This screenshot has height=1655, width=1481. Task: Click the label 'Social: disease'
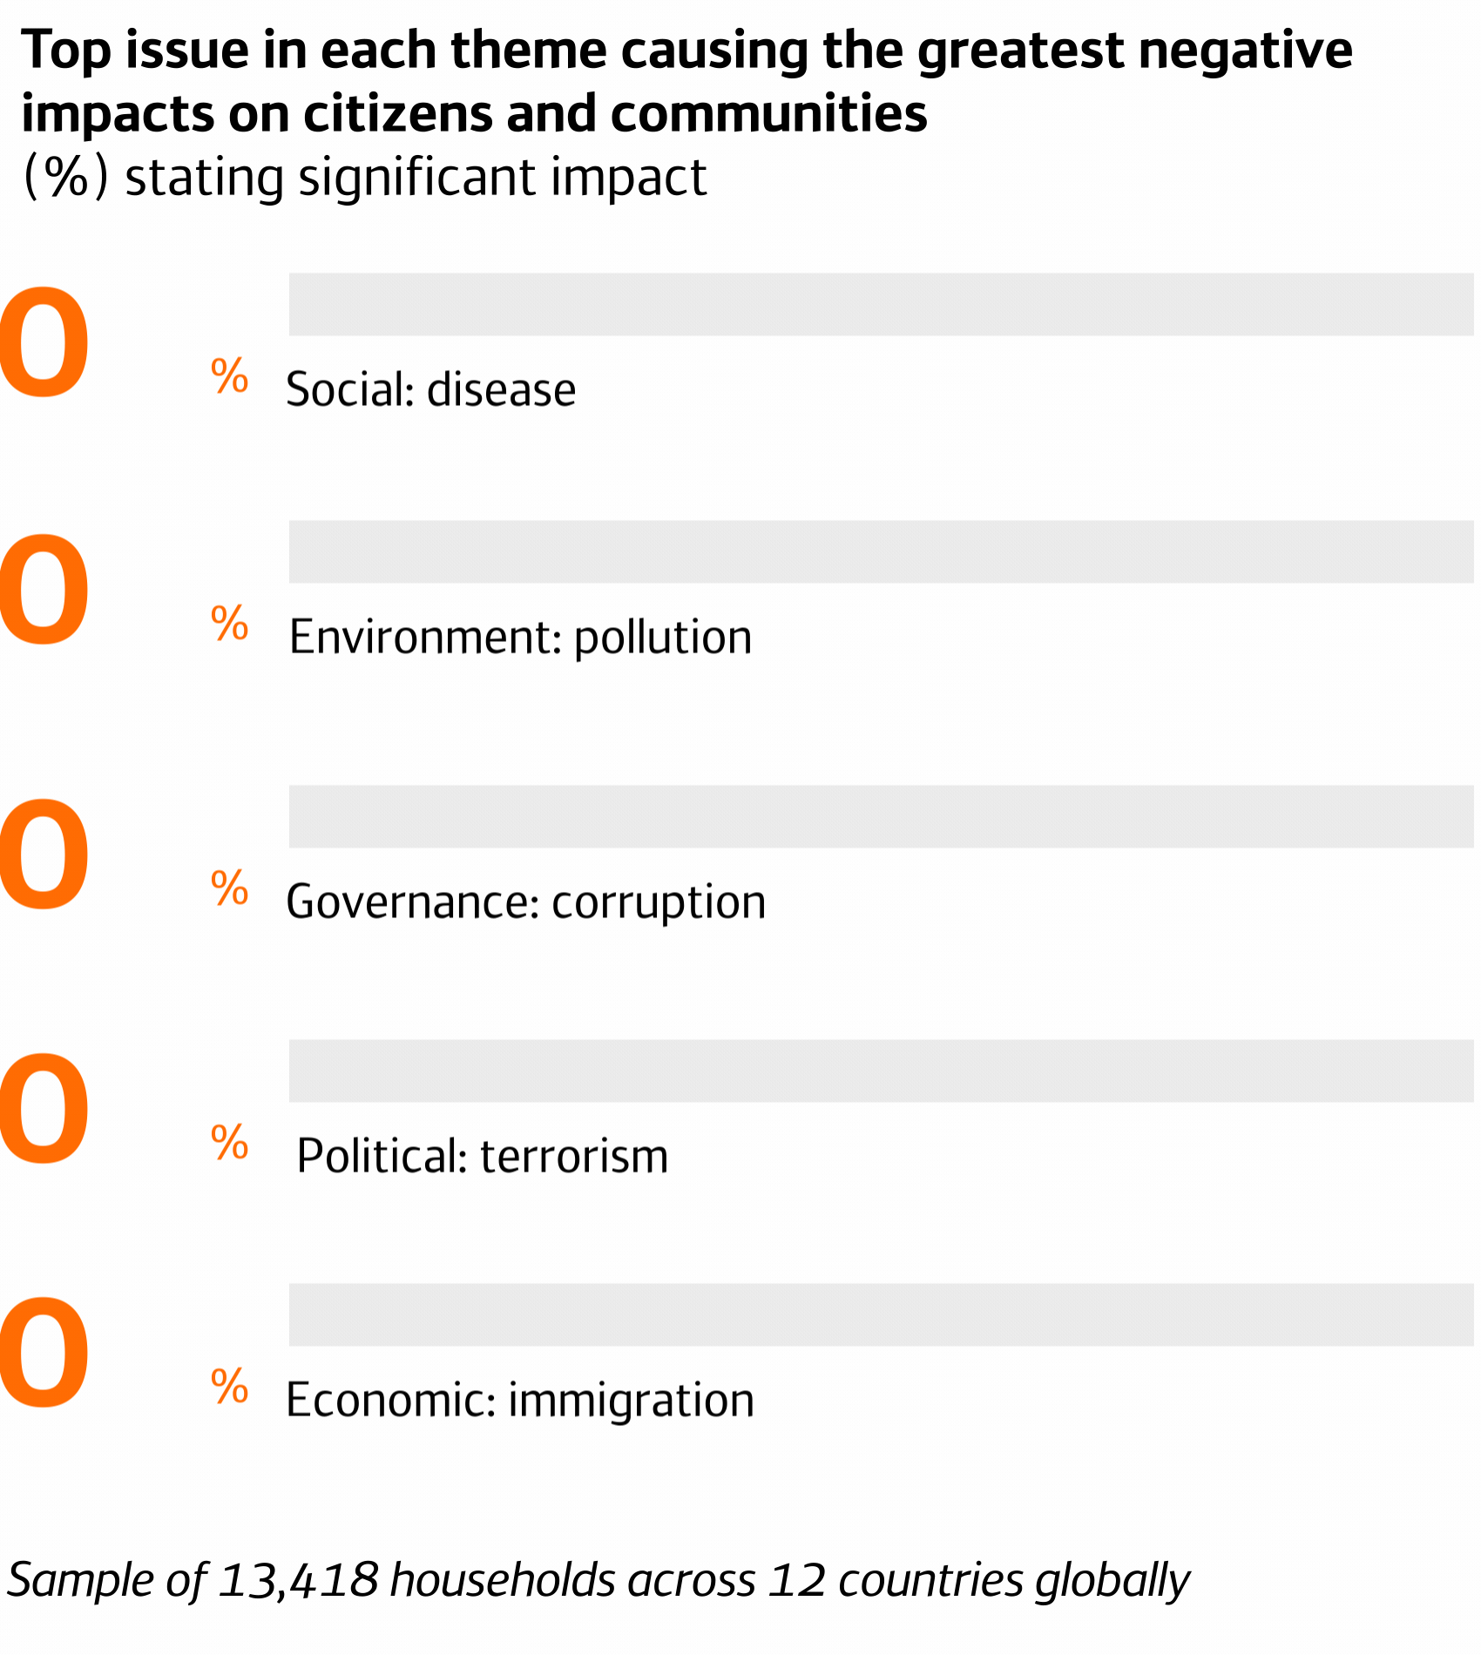tap(430, 389)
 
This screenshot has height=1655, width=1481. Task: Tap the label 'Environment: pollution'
tap(520, 637)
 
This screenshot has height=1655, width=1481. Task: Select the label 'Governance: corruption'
tap(525, 902)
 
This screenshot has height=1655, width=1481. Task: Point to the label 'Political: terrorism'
tap(482, 1156)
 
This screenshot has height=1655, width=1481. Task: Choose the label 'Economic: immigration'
tap(519, 1400)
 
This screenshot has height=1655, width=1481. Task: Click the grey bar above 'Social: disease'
tap(880, 304)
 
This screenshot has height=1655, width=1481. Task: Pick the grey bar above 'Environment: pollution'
tap(880, 551)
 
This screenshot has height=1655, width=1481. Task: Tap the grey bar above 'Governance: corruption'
tap(880, 816)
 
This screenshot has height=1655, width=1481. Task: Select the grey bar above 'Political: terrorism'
tap(880, 1071)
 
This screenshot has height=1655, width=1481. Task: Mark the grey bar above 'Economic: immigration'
tap(880, 1314)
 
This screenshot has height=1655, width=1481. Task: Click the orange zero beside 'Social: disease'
tap(44, 342)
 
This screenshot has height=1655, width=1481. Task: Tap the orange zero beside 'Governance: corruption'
tap(44, 855)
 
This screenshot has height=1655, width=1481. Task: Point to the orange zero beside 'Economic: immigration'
tap(44, 1353)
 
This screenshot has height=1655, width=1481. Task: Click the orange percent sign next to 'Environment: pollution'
tap(230, 624)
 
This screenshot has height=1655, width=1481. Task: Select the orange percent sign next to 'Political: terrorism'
tap(230, 1143)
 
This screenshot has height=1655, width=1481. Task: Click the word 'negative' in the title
tap(1245, 51)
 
